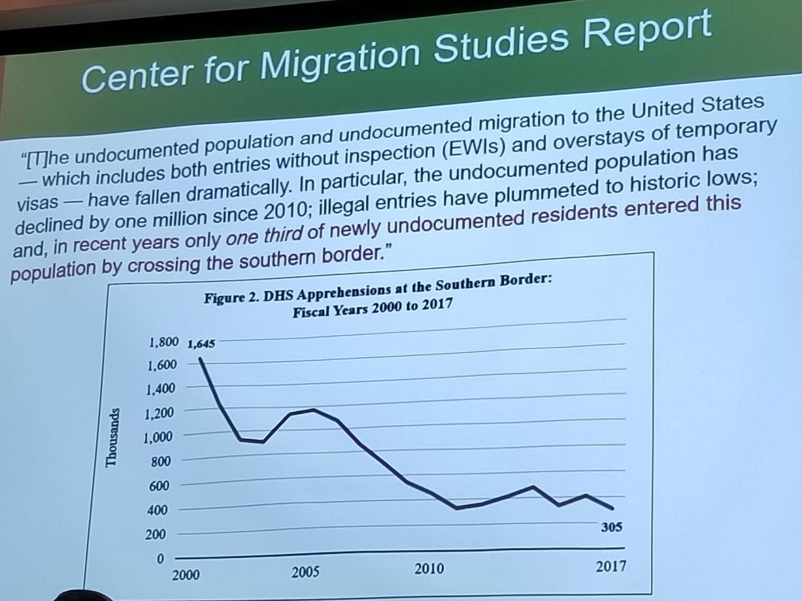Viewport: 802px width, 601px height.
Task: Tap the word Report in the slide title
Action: click(648, 33)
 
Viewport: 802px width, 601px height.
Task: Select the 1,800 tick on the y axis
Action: click(164, 342)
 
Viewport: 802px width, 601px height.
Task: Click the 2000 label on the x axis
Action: click(186, 575)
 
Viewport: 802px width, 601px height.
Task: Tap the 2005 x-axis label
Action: click(305, 572)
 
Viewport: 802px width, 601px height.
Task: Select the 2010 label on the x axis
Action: click(429, 569)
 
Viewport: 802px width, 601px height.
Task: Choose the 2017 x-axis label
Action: click(610, 566)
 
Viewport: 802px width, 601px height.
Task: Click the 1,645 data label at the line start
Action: click(201, 344)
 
